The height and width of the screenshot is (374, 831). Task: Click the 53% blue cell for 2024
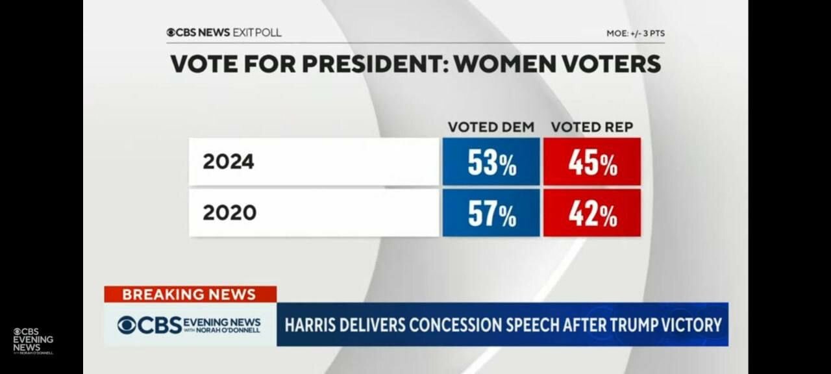491,162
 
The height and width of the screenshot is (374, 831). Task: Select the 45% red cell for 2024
592,162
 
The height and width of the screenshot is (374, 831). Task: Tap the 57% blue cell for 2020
491,213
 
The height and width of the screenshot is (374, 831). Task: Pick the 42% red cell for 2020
592,213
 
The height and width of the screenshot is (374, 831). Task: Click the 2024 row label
229,162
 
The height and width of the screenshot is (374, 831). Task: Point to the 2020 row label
229,213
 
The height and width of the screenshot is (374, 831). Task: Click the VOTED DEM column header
491,127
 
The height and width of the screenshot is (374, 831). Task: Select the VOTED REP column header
591,127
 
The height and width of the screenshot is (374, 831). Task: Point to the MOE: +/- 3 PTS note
635,33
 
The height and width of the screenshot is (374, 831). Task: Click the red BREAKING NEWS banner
190,294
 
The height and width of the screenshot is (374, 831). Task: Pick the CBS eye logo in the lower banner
127,325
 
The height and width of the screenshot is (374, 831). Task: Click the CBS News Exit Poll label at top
224,32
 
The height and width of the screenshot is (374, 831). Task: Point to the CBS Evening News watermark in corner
33,340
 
